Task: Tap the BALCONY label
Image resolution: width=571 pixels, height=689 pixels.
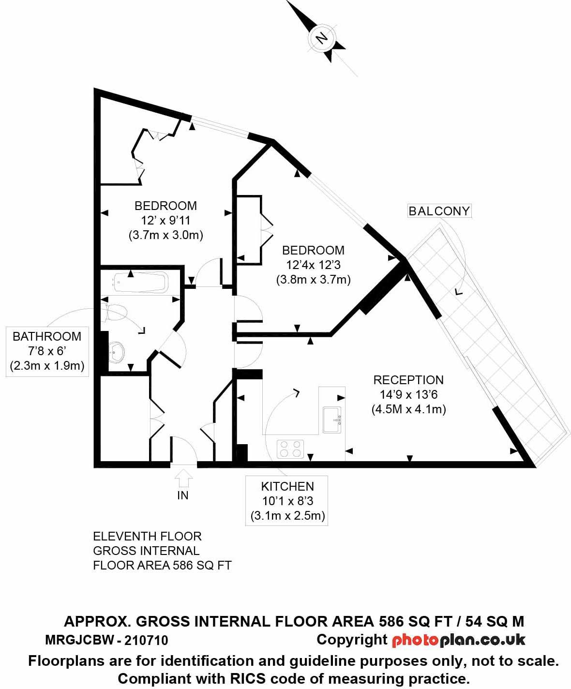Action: pos(439,211)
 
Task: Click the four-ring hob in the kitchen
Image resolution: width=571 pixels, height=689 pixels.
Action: pos(290,449)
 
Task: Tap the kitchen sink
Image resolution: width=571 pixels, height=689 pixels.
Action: pos(332,419)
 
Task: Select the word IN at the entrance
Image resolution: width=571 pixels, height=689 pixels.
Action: pos(183,495)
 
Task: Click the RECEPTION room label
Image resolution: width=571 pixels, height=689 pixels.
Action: pos(408,380)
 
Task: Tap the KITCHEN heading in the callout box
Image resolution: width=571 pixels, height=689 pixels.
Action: pos(287,486)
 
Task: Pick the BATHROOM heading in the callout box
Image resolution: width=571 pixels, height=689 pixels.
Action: pos(47,336)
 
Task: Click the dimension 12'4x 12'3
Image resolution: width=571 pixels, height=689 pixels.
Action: pos(313,265)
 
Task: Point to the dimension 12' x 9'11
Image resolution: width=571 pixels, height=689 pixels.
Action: pos(165,221)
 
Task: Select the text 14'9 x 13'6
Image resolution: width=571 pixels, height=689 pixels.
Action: pos(408,394)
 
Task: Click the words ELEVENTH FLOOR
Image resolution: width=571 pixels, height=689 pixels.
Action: pos(147,536)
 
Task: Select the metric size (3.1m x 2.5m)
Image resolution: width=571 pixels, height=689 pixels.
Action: pos(287,516)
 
